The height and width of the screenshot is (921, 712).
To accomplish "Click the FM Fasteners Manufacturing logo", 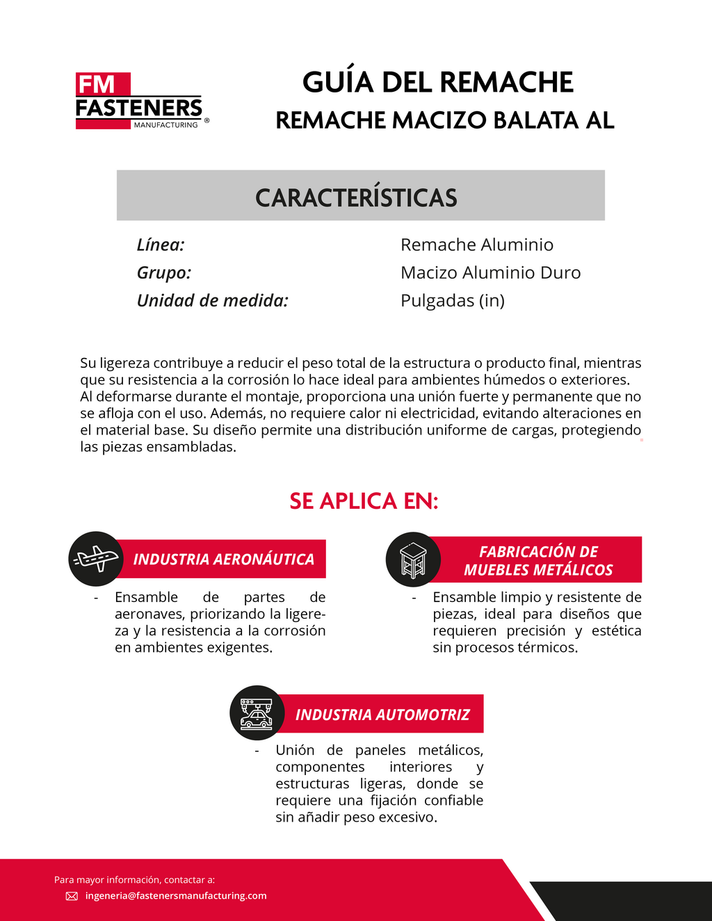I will [139, 101].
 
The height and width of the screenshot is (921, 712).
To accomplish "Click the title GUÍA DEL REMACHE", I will [437, 82].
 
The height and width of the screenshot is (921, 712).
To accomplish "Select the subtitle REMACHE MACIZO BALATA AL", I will [444, 120].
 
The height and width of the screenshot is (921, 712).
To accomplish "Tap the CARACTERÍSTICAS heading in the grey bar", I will [356, 197].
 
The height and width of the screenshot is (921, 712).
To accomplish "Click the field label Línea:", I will [161, 245].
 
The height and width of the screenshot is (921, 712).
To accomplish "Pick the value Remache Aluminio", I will [477, 245].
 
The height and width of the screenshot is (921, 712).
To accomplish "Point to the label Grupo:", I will [164, 272].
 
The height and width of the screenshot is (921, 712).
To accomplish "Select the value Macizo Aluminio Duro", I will [490, 272].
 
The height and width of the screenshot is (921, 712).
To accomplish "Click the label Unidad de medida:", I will [212, 300].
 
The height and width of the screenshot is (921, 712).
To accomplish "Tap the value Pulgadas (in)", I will [453, 300].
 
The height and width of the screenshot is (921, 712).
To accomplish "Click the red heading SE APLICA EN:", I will [364, 501].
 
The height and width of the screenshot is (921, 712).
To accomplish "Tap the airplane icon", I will [96, 558].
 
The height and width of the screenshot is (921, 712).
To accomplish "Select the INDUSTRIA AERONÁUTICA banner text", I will [223, 560].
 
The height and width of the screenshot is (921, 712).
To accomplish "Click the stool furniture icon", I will [413, 560].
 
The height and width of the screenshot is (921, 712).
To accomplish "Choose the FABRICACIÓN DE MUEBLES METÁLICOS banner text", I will [538, 561].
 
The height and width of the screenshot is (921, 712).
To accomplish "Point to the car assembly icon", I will [257, 713].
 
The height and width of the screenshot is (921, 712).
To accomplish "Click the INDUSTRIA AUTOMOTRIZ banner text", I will [382, 715].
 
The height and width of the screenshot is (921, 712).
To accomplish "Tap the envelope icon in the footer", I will [72, 896].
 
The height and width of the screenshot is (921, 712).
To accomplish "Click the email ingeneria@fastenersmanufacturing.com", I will [176, 896].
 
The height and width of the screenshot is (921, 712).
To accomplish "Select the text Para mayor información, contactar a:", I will [134, 880].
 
